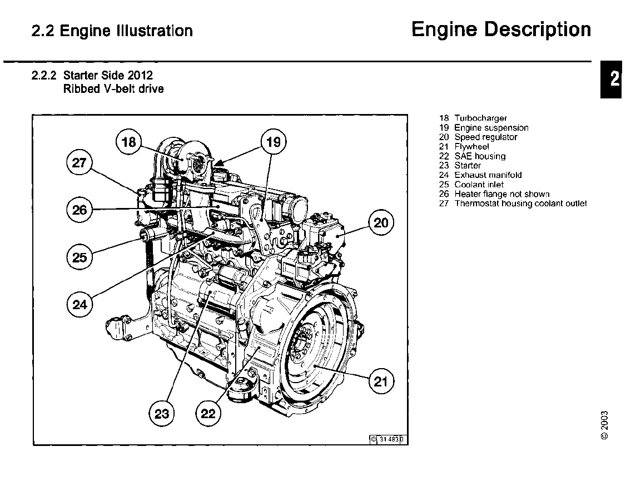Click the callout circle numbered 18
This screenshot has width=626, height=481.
[129, 142]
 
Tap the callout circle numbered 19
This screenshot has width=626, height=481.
[274, 142]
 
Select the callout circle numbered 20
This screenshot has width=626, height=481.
[381, 224]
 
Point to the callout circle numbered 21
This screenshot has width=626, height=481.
[380, 382]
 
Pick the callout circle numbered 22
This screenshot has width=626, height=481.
[208, 413]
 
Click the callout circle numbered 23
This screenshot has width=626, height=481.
[162, 413]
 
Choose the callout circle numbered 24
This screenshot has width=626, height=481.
[80, 304]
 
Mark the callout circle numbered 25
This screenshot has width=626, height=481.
[80, 257]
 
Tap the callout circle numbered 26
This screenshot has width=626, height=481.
[80, 210]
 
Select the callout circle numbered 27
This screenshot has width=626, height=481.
[80, 163]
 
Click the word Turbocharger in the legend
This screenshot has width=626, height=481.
[480, 118]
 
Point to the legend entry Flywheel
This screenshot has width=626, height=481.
[471, 147]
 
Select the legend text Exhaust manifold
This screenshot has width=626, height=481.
[488, 175]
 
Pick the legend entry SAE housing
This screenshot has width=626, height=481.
[480, 156]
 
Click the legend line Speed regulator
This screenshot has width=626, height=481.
[485, 137]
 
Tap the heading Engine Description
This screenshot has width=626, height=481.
[501, 29]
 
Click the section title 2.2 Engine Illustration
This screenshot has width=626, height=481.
[113, 31]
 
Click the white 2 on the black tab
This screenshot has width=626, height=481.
[614, 78]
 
